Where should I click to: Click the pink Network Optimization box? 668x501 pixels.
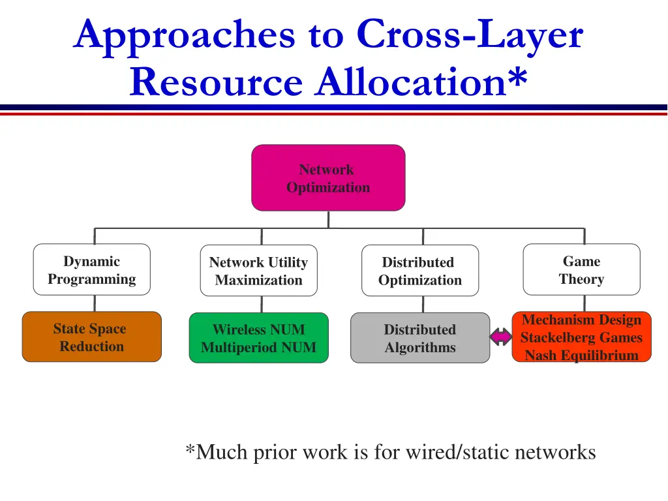[328, 178]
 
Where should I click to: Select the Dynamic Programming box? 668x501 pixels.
[91, 270]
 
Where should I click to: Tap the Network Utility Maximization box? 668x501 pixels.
[258, 271]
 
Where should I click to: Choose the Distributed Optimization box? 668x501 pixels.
[419, 271]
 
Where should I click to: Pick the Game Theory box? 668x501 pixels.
[581, 270]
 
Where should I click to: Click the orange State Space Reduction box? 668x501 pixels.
[91, 337]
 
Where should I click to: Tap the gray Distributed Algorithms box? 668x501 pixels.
[419, 338]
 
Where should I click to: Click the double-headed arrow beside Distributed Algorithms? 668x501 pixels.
[501, 337]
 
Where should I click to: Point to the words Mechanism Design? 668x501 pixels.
[581, 320]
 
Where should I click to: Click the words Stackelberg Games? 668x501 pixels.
[581, 338]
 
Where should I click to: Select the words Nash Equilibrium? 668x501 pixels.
[581, 356]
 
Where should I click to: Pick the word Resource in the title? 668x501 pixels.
[216, 82]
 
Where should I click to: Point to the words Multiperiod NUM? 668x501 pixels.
[258, 348]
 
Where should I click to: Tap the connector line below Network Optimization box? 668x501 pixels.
[328, 219]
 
